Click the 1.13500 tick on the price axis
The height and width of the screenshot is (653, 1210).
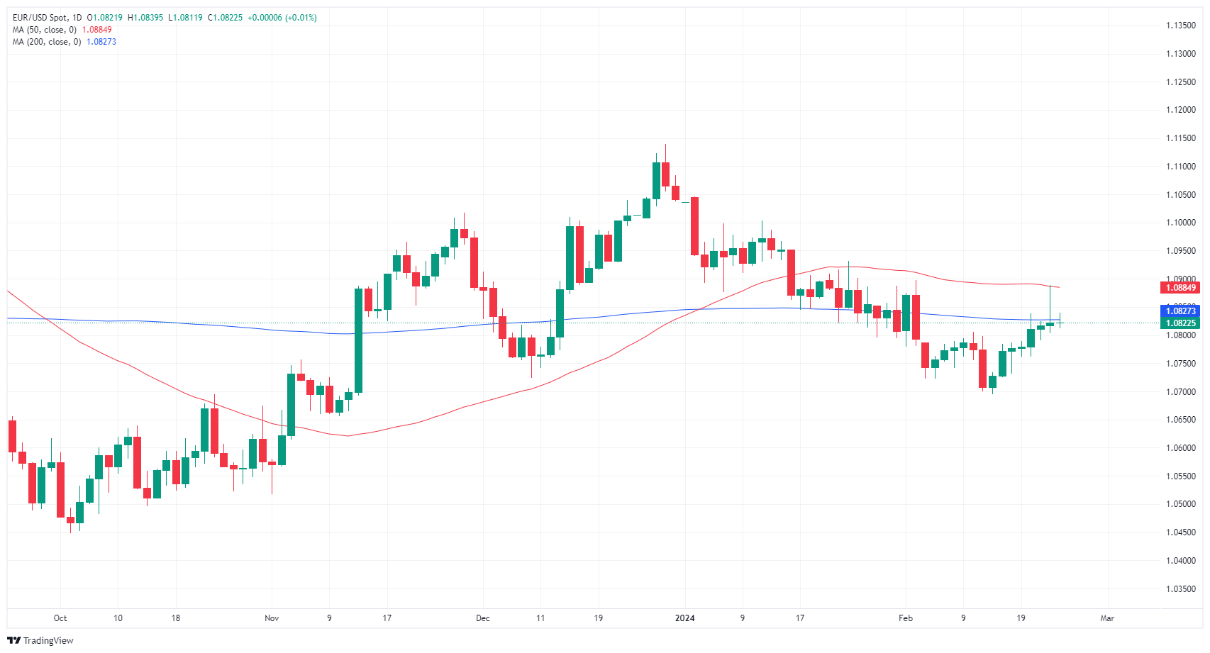(x=1181, y=26)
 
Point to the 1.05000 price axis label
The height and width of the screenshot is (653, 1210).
(x=1181, y=504)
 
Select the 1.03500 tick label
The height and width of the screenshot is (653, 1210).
(x=1181, y=588)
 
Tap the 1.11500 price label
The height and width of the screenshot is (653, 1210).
(x=1181, y=138)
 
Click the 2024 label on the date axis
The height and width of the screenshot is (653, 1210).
(x=684, y=618)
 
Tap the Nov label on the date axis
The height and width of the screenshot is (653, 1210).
(x=272, y=618)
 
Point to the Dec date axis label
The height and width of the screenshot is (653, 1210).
(x=483, y=618)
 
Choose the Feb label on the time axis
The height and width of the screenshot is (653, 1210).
(x=906, y=618)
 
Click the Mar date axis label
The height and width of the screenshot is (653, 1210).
(x=1107, y=618)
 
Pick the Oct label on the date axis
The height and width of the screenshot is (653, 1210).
(x=60, y=618)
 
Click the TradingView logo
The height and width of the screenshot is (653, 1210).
(x=40, y=640)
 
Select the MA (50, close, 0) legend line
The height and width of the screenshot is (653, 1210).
(x=44, y=30)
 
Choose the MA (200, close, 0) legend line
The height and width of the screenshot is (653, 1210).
(x=46, y=42)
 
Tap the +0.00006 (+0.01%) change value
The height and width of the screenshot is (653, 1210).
(x=282, y=18)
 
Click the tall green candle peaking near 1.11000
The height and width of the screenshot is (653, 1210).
(x=656, y=181)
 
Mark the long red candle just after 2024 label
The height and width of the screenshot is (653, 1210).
(x=695, y=225)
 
